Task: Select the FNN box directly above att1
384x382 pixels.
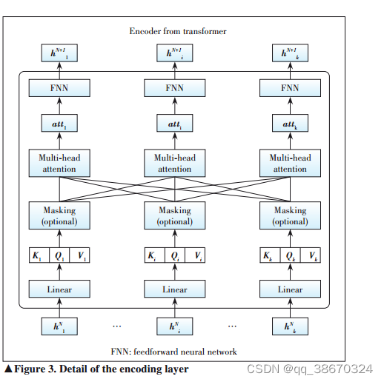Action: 59,88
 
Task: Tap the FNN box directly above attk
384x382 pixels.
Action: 290,88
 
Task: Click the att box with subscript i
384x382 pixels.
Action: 174,126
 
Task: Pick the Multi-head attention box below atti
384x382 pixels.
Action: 174,164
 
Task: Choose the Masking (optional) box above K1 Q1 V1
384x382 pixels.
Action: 59,215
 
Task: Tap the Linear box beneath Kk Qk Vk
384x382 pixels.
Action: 290,289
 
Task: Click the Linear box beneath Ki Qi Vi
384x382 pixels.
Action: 174,289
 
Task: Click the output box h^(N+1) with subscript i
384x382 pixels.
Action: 174,53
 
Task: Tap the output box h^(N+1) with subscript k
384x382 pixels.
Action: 290,53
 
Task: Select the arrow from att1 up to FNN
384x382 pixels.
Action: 59,107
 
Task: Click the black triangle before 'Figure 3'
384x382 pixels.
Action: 8,369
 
